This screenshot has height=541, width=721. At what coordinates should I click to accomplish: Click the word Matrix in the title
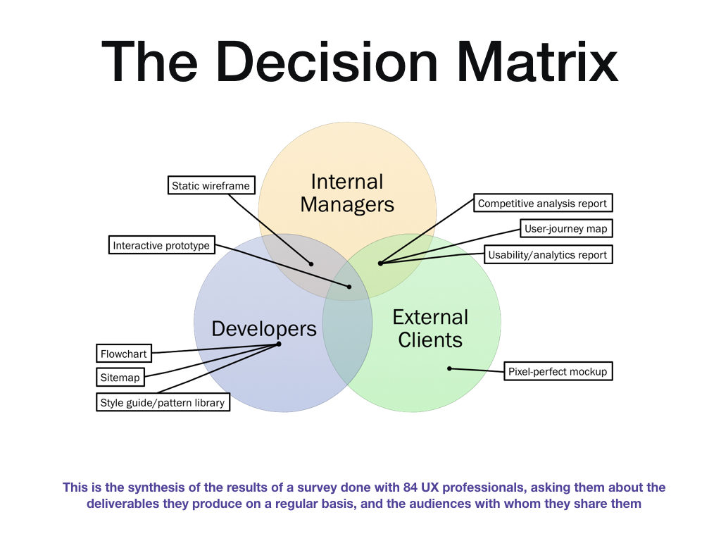click(537, 62)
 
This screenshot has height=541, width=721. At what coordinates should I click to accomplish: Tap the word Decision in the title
click(327, 62)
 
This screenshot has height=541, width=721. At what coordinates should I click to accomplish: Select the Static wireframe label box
click(211, 185)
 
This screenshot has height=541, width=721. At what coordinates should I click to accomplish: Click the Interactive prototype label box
click(161, 244)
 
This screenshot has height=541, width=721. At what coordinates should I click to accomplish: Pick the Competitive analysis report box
click(543, 203)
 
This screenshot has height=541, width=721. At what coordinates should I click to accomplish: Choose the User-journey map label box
click(566, 228)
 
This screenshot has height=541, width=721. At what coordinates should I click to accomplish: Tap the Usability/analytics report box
click(548, 254)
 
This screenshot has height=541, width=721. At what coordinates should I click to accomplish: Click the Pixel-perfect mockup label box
click(558, 371)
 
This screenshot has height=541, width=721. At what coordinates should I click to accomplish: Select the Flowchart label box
click(124, 354)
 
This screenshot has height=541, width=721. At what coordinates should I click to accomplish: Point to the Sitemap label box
click(120, 378)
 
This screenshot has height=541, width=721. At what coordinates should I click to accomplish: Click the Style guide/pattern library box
click(163, 402)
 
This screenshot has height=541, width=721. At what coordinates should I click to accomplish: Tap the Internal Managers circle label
click(347, 193)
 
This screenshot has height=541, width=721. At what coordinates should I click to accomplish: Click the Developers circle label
click(264, 328)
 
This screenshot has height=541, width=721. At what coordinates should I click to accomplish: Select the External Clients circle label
click(430, 328)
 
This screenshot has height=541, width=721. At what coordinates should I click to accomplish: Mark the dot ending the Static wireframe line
click(311, 264)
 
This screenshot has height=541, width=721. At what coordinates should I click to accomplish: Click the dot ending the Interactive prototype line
click(349, 287)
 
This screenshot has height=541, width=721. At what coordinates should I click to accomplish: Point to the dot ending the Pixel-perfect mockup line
click(449, 368)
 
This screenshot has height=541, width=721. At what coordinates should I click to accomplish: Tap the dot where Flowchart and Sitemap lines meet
click(279, 344)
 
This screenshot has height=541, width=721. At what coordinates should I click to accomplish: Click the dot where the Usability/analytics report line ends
click(380, 263)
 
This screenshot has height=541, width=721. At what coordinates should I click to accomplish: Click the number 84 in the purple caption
click(410, 487)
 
